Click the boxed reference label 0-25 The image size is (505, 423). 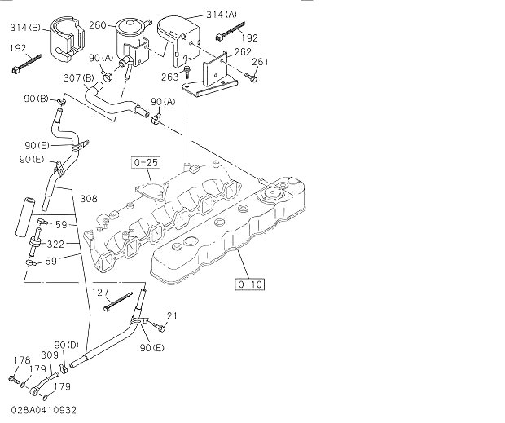tap(145, 163)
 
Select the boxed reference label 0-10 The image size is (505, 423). tap(250, 284)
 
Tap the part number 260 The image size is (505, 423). tap(97, 25)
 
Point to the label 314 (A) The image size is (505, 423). tap(222, 15)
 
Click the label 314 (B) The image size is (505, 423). tap(25, 28)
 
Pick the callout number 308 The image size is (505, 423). tap(89, 199)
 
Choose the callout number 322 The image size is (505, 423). tap(55, 245)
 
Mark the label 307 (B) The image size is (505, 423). tap(79, 78)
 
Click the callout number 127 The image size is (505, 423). tap(100, 293)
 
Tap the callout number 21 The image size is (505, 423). tap(172, 315)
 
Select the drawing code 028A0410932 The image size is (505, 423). tap(44, 410)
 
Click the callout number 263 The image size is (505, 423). tap(170, 77)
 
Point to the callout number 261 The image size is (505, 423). tap(260, 61)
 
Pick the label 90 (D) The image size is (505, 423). tap(66, 345)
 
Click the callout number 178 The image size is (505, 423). tap(22, 360)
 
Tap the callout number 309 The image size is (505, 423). tap(50, 355)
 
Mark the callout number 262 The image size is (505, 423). tap(243, 51)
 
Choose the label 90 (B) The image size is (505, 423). tap(36, 99)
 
